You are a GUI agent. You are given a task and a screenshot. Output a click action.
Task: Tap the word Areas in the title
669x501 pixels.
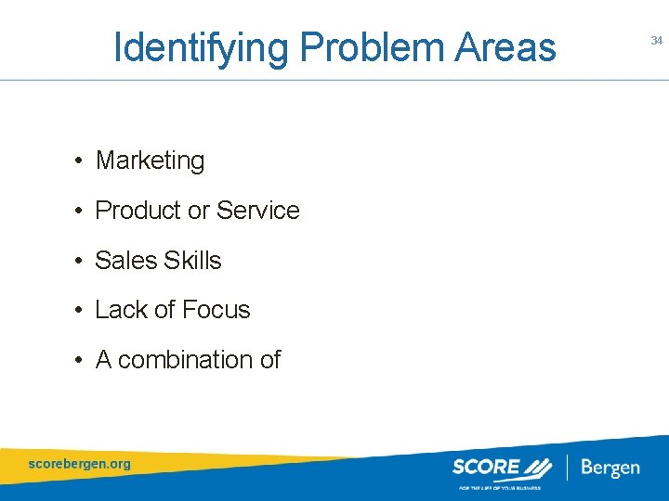[x=505, y=46]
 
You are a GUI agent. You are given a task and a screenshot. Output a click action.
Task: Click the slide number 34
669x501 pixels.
[x=656, y=41]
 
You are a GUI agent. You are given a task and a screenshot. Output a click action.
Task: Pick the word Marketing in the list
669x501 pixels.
[x=150, y=161]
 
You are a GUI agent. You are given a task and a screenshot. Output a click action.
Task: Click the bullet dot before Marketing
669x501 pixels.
[x=82, y=161]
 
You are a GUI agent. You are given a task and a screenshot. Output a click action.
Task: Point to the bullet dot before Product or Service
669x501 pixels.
[x=82, y=212]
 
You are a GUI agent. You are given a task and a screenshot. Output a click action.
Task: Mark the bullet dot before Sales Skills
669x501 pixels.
[x=82, y=262]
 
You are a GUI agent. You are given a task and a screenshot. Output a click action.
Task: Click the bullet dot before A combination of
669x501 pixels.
[x=82, y=361]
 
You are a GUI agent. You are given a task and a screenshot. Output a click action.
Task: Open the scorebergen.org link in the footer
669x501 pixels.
[x=80, y=463]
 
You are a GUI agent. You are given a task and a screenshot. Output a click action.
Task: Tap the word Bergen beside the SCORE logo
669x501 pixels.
[x=610, y=467]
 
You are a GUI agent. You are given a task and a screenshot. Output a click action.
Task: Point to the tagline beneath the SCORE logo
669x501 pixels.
[x=497, y=486]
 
